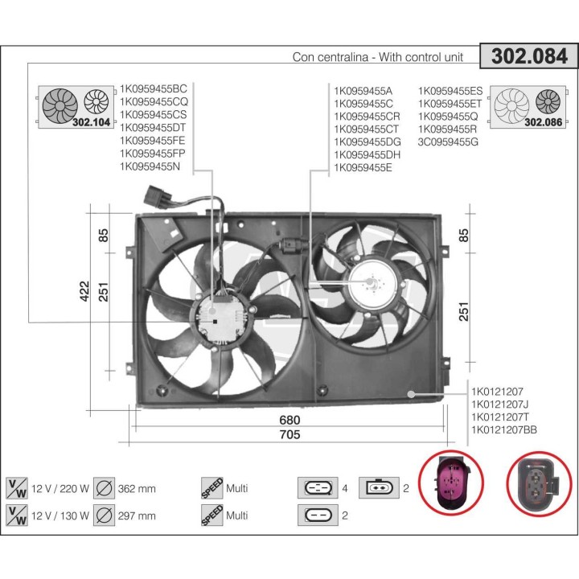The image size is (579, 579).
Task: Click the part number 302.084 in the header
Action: (x=529, y=56)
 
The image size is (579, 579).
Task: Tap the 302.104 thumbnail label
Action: (x=89, y=123)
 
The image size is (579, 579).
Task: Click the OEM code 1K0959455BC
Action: (x=153, y=89)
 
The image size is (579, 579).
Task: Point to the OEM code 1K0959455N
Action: (x=150, y=166)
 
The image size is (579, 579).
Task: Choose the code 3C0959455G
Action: (x=448, y=142)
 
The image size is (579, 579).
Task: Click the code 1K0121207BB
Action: (x=503, y=430)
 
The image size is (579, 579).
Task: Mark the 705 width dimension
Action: (x=289, y=435)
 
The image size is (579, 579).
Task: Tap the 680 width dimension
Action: (x=289, y=421)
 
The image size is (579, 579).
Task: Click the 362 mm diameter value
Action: (x=138, y=488)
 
